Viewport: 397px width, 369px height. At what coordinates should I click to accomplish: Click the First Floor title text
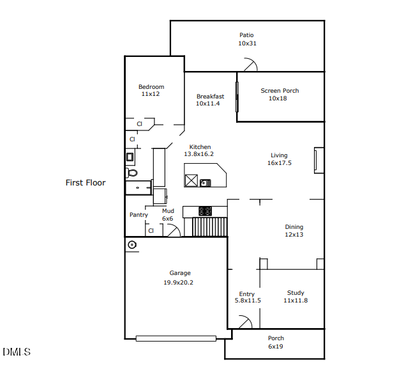(x=86, y=183)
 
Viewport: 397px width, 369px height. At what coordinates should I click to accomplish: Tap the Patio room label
(x=246, y=35)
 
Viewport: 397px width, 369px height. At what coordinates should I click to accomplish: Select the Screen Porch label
(x=280, y=91)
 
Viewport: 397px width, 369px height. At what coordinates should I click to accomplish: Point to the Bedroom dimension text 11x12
(x=151, y=94)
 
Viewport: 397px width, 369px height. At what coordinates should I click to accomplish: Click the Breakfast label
(x=210, y=97)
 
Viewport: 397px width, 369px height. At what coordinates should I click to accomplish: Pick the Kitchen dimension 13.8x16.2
(x=198, y=154)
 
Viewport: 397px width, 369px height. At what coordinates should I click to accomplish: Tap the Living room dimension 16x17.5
(x=279, y=163)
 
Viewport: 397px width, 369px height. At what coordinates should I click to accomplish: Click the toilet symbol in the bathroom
(x=132, y=173)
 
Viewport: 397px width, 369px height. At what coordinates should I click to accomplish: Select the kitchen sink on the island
(x=206, y=183)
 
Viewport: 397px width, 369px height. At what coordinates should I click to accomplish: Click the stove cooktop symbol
(x=206, y=210)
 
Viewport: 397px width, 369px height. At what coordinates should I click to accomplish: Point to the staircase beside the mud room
(x=210, y=226)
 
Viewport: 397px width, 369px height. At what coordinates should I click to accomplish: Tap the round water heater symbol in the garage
(x=132, y=245)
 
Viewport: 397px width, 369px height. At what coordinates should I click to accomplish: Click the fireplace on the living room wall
(x=318, y=160)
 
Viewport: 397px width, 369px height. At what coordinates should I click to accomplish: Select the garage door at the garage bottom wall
(x=176, y=338)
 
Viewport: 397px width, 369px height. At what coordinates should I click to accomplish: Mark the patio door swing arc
(x=250, y=65)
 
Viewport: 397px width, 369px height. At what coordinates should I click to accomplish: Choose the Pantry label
(x=139, y=215)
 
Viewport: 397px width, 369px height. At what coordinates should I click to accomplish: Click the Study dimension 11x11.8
(x=296, y=301)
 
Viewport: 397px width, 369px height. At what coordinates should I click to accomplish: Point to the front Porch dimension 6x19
(x=276, y=346)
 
